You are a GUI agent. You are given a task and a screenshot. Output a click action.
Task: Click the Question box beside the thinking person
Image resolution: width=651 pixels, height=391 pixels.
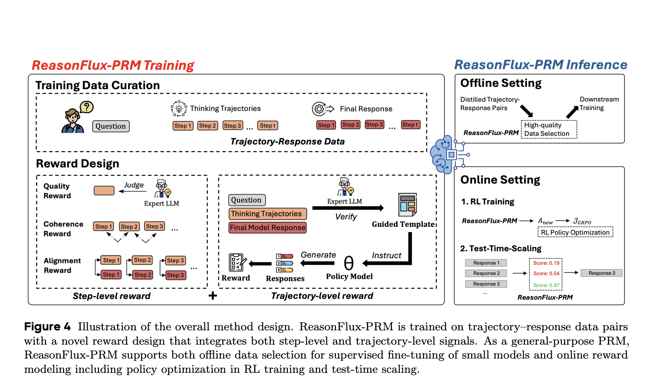(x=111, y=126)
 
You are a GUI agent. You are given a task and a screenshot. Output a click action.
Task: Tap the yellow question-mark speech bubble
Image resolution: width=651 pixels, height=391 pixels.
(x=87, y=107)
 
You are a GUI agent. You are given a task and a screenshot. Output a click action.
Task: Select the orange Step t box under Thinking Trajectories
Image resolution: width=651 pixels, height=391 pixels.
(x=268, y=126)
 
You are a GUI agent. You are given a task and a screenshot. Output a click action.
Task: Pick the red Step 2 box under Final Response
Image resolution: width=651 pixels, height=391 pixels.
(x=350, y=125)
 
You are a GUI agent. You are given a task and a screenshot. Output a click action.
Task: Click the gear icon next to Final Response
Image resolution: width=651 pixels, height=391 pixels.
(x=319, y=109)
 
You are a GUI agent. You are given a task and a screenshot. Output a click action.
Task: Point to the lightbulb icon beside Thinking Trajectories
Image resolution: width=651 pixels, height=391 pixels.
(x=179, y=109)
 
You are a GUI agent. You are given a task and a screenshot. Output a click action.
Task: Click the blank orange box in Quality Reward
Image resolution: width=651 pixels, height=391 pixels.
(x=104, y=190)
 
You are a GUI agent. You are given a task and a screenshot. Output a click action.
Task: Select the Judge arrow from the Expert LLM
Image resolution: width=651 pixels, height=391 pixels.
(x=133, y=191)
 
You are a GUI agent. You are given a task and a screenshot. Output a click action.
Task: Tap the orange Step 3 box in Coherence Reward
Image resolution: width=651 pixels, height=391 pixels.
(x=155, y=226)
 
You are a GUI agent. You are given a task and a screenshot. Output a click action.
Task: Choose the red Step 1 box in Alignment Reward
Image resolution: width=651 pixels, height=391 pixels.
(x=111, y=275)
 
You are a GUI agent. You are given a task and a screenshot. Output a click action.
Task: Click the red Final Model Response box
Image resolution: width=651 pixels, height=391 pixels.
(x=268, y=228)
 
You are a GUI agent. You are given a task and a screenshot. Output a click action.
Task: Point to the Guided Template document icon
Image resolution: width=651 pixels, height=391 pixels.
(x=407, y=205)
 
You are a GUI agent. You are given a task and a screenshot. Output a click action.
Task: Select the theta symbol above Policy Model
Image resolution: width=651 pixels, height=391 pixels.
(x=349, y=263)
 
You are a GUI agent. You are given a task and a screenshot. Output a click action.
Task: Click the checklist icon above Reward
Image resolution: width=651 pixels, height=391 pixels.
(x=237, y=263)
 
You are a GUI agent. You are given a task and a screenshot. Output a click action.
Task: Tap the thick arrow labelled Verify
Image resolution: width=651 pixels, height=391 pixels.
(x=348, y=208)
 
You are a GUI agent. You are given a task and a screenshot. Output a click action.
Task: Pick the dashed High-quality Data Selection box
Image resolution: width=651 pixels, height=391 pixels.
(x=549, y=129)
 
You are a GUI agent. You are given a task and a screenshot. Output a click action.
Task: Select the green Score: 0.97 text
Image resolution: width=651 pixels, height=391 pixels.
(x=546, y=285)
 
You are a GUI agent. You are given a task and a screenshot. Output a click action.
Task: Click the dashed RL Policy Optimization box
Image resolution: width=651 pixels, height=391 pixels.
(x=575, y=232)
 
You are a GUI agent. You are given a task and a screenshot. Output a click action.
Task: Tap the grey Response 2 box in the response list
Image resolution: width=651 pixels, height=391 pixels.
(x=486, y=273)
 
